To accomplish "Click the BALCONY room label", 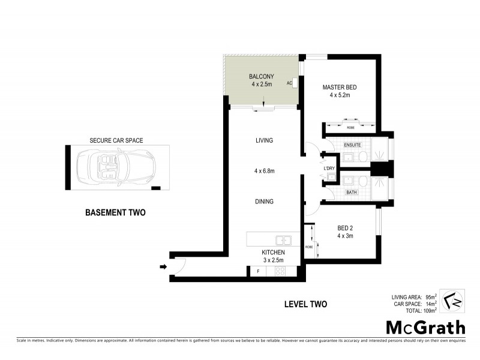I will pos(261,76).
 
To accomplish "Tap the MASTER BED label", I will pos(339,86).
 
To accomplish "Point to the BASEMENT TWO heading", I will pos(115,212).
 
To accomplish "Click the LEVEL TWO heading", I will pos(305,304).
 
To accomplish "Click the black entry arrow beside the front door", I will pos(163,266).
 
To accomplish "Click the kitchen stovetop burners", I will pos(280,271).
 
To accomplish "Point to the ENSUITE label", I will pos(352,146).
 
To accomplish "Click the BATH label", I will pos(352,193).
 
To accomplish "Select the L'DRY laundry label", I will pos(329,169).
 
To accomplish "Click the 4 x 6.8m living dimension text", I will pos(264,171).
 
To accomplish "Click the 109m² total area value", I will pos(427,311).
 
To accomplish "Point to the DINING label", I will pos(264,202).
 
